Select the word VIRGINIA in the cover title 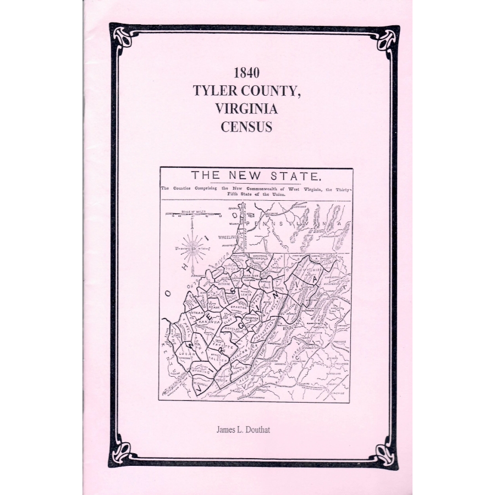(246, 109)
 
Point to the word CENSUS (246, 127)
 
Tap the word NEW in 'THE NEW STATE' (248, 177)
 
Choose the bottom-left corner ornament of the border (121, 455)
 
